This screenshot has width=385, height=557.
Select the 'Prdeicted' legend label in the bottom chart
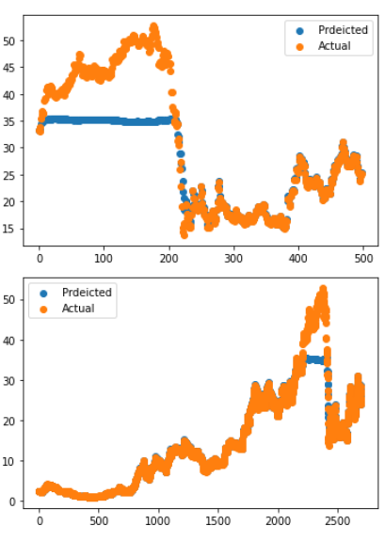[x=87, y=292]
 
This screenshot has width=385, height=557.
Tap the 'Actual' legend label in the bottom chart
[x=78, y=308]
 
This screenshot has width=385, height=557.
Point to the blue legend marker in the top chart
[x=297, y=30]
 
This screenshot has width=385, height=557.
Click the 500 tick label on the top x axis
[x=363, y=255]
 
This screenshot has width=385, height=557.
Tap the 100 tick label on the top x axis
[x=104, y=255]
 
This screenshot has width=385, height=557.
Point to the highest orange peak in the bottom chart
[x=323, y=289]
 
